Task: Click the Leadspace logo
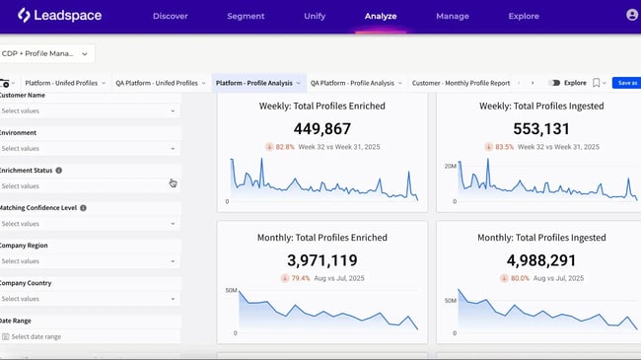[x=55, y=16]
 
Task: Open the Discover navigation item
[x=172, y=17]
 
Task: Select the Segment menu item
[x=246, y=17]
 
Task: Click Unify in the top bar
[x=315, y=17]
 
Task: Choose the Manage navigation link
[x=453, y=17]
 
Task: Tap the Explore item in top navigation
[x=524, y=17]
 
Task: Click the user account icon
[x=631, y=16]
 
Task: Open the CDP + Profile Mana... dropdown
[x=47, y=54]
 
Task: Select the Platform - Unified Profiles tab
[x=64, y=83]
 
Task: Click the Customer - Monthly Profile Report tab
[x=461, y=83]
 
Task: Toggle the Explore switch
[x=554, y=83]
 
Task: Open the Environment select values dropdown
[x=89, y=148]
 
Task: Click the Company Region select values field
[x=89, y=261]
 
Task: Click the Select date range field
[x=89, y=336]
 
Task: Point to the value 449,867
[x=321, y=128]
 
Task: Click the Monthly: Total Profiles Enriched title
[x=321, y=238]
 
